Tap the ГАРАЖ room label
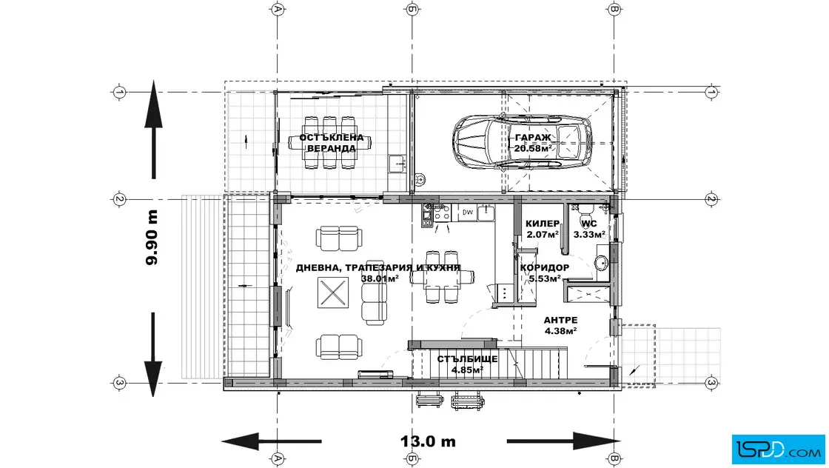coord(533,138)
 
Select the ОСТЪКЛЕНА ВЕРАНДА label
coord(332,143)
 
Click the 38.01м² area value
coord(380,278)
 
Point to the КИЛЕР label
coord(543,224)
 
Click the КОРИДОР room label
coord(545,267)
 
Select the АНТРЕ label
coord(560,320)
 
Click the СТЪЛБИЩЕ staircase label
coord(467,359)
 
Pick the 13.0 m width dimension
coord(428,441)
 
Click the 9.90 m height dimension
coord(152,238)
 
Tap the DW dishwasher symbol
coord(467,213)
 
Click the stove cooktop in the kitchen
coord(442,213)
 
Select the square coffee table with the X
coord(333,292)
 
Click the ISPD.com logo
coord(778,449)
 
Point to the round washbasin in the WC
coord(601,262)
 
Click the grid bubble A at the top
coord(278,9)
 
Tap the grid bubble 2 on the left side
coord(119,199)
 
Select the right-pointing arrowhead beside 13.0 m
coord(597,441)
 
